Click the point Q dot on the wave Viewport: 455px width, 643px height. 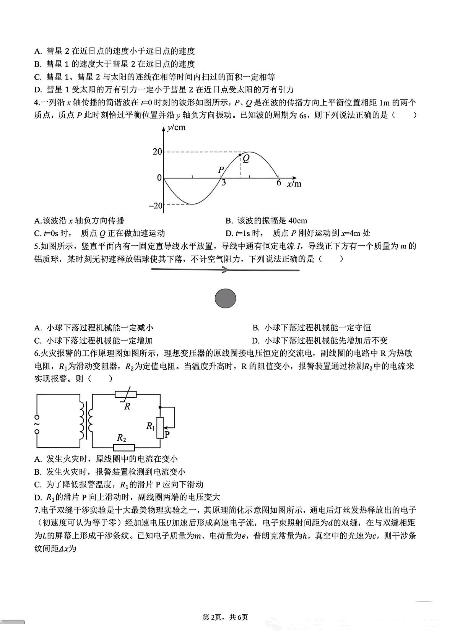(240, 155)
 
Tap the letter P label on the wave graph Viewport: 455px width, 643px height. (221, 170)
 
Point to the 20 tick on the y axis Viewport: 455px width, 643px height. (157, 152)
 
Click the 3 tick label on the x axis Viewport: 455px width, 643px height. (224, 183)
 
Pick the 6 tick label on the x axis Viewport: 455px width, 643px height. (279, 183)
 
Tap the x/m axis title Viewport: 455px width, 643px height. (294, 184)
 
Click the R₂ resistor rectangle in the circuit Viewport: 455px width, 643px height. (123, 447)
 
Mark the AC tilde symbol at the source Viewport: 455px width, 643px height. (37, 424)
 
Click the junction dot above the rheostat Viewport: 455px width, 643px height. (160, 407)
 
